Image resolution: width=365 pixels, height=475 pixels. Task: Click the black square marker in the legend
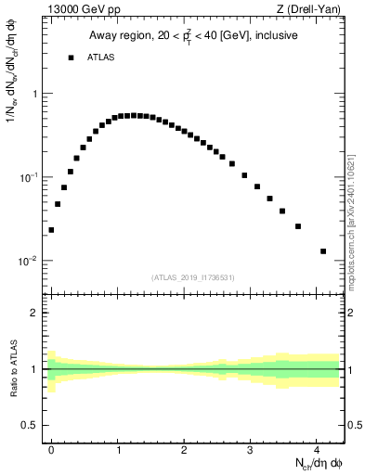tap(71, 58)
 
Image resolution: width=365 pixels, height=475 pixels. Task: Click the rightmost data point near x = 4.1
tap(323, 251)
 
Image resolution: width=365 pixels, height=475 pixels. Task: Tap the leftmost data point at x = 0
tap(51, 230)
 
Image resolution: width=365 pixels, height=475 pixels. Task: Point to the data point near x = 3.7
tap(297, 226)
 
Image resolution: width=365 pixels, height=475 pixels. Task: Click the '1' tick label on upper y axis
tap(35, 94)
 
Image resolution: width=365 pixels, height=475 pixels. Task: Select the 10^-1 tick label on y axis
tap(30, 176)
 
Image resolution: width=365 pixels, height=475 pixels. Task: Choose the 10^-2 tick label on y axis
tap(30, 260)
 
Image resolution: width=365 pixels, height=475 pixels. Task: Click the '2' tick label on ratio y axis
tap(35, 313)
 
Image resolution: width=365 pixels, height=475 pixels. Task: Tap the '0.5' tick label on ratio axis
tap(31, 425)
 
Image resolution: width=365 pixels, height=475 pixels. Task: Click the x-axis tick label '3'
tap(251, 449)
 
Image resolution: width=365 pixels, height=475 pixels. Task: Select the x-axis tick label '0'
tap(52, 449)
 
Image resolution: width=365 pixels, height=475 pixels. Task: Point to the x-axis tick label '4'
tap(317, 449)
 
